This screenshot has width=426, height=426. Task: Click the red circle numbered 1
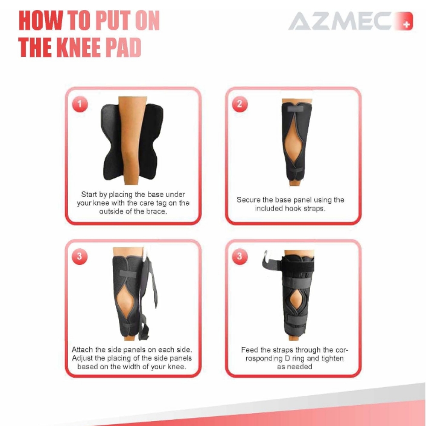[80, 104]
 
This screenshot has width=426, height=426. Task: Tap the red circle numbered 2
[240, 104]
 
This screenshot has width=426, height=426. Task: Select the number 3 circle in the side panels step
[80, 256]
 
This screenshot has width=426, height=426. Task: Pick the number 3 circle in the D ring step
[240, 256]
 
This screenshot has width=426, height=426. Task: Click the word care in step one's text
[147, 203]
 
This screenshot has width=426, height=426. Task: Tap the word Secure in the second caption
[248, 200]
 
